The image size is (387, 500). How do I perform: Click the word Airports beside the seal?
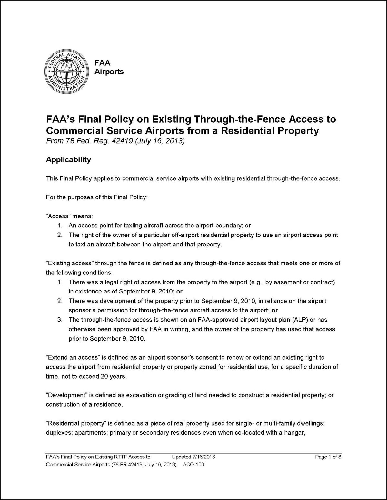coord(109,72)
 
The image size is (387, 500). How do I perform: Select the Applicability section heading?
coord(68,160)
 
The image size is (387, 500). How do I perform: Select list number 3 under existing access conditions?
coord(60,320)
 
